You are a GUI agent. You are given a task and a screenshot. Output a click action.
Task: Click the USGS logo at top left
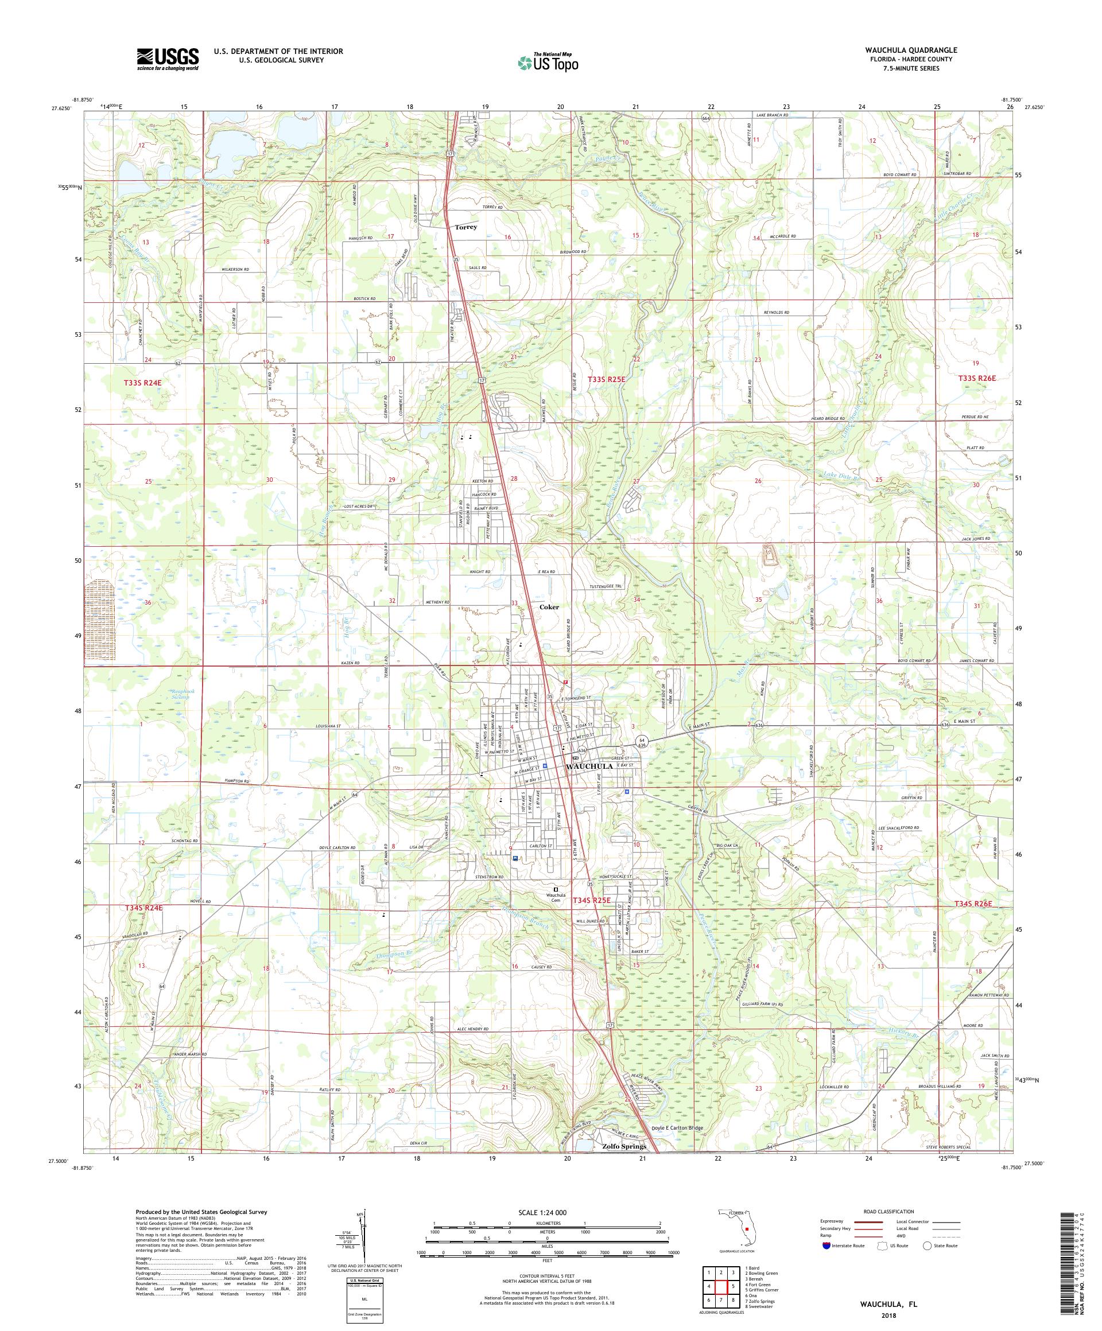[168, 59]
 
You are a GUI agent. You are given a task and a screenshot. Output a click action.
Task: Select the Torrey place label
[465, 226]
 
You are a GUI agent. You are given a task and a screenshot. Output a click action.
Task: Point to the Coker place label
[549, 606]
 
